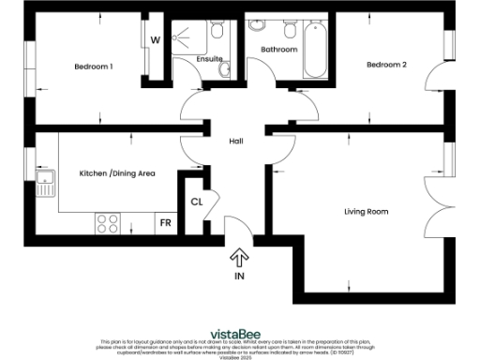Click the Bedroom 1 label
click(x=94, y=67)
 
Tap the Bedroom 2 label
click(x=386, y=65)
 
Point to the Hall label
click(x=237, y=141)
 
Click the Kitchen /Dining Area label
click(x=117, y=173)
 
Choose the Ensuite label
click(x=209, y=59)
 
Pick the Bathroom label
click(x=279, y=50)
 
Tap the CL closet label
click(x=197, y=202)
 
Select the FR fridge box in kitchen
click(x=165, y=223)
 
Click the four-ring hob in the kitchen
click(x=108, y=224)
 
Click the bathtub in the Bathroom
click(x=315, y=51)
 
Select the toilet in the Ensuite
click(x=217, y=33)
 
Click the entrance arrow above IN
click(x=238, y=257)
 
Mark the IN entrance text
click(x=238, y=277)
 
